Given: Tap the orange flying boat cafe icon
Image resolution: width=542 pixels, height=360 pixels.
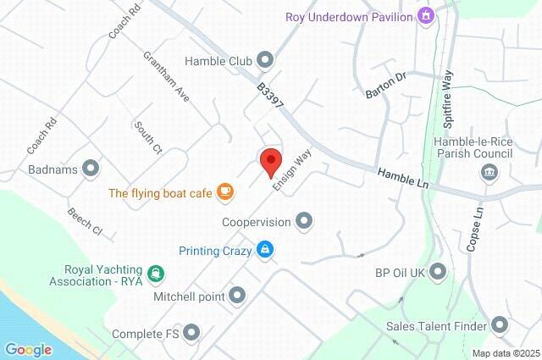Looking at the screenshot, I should (224, 192).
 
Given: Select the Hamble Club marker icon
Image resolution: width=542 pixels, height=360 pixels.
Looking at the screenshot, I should (265, 59).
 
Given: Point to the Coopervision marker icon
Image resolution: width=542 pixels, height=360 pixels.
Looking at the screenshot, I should (305, 222).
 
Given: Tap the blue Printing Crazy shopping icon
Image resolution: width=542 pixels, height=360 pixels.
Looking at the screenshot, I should (266, 249).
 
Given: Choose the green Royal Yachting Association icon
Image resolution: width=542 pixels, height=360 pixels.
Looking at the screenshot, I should (155, 273).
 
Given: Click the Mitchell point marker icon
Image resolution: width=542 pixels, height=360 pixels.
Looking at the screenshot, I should (237, 296).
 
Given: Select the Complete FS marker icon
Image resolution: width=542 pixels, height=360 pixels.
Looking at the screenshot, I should (192, 333).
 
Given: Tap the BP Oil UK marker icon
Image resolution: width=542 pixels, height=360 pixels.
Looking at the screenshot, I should (438, 272).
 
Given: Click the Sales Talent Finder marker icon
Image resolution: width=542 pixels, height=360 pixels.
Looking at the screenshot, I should (500, 325).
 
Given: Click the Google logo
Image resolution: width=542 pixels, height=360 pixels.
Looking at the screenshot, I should (28, 349).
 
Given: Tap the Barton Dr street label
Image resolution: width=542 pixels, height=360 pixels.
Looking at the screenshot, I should (385, 83).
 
